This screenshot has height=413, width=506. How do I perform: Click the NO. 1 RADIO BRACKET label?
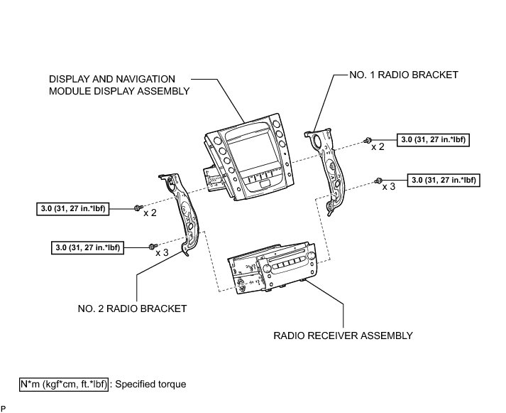tap(404, 75)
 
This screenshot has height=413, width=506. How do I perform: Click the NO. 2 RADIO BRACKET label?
tap(132, 309)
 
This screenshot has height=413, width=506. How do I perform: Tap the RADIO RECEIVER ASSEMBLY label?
tap(343, 336)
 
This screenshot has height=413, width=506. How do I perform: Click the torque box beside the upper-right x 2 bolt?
tap(433, 140)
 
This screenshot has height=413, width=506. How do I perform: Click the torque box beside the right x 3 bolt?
tap(444, 180)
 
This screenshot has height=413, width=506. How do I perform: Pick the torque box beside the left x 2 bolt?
tap(73, 209)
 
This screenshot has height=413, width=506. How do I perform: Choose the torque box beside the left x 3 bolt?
tap(87, 248)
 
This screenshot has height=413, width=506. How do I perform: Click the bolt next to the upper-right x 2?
tap(368, 140)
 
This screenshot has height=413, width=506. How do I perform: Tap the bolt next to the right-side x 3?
tap(378, 181)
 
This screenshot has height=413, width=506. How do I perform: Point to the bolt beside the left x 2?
tap(138, 208)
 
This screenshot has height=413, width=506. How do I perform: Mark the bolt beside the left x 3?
tap(153, 247)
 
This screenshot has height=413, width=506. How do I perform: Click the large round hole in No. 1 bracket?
tap(317, 141)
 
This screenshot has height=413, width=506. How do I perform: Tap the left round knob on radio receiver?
tap(267, 269)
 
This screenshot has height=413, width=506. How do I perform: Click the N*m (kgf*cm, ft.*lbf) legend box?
tap(64, 385)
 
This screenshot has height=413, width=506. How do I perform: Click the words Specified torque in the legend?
tap(150, 385)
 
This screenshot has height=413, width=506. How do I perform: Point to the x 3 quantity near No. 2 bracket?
tap(162, 252)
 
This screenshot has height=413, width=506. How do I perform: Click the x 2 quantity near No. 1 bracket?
tap(378, 146)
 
